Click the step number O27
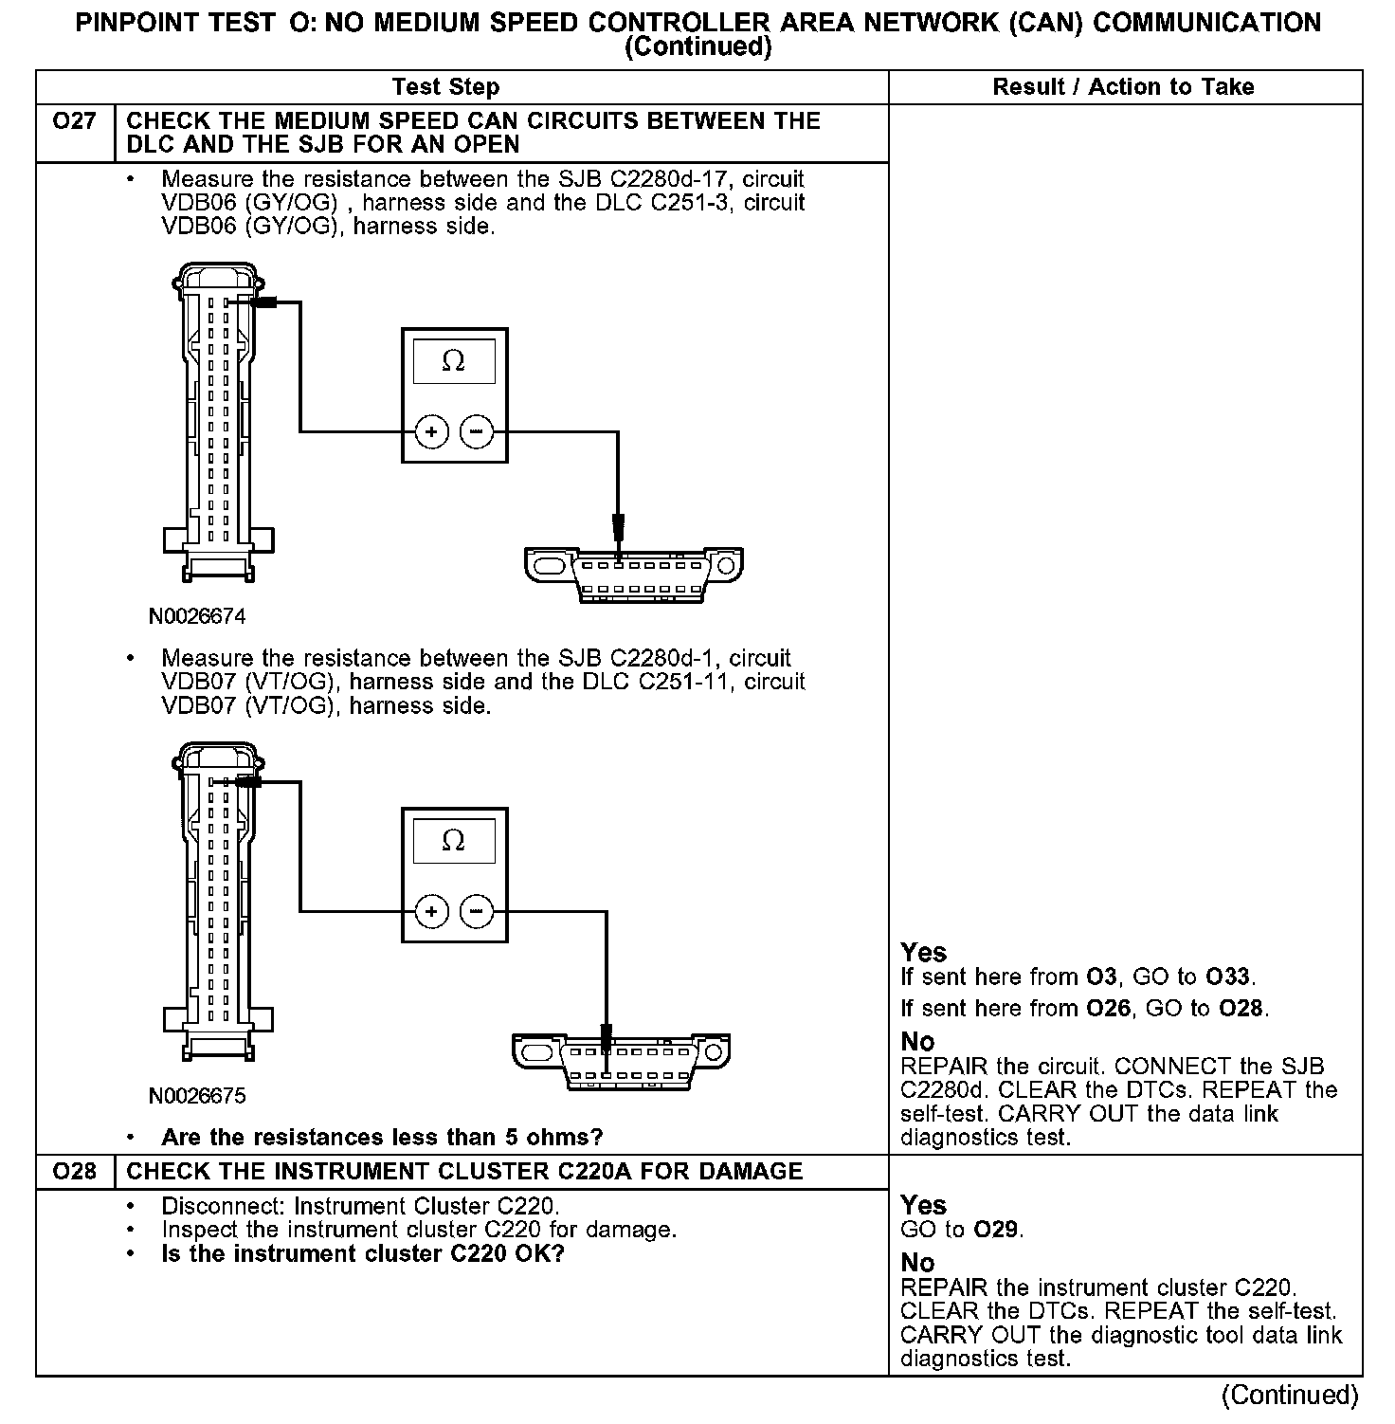tap(74, 121)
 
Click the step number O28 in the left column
tap(74, 1172)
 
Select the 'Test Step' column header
tap(445, 87)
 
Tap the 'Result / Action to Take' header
tap(1123, 87)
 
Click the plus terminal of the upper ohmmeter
tap(431, 432)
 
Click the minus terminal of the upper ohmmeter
tap(476, 432)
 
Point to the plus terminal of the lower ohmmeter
tap(431, 912)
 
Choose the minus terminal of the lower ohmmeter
tap(476, 912)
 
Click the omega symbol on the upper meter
tap(454, 361)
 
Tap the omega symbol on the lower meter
tap(454, 841)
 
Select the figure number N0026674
tap(197, 617)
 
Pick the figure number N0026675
tap(197, 1097)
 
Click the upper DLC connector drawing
tap(633, 575)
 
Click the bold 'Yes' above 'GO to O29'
tap(923, 1205)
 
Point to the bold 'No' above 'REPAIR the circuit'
tap(917, 1042)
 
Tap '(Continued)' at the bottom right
tap(1290, 1395)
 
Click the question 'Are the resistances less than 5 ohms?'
tap(382, 1137)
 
